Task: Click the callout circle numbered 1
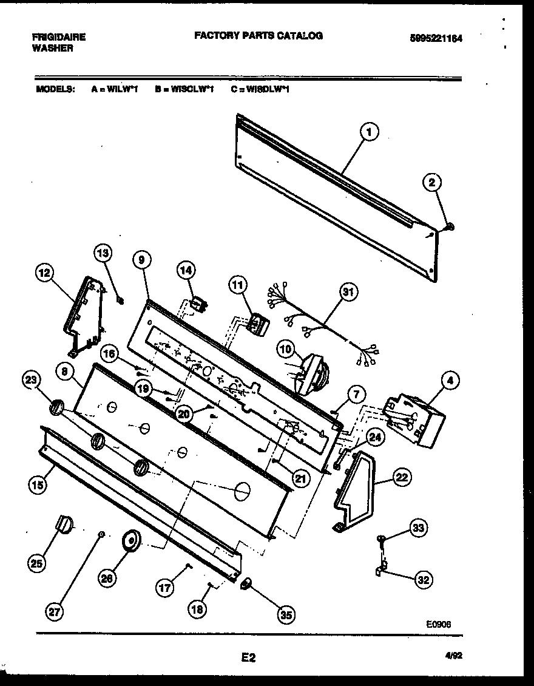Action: pyautogui.click(x=369, y=132)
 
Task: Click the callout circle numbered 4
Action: pyautogui.click(x=450, y=382)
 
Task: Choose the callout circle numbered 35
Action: pyautogui.click(x=285, y=615)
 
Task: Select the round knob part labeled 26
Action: pyautogui.click(x=130, y=540)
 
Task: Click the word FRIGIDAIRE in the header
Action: pyautogui.click(x=58, y=37)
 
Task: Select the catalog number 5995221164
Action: pyautogui.click(x=436, y=38)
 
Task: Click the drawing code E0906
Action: pyautogui.click(x=438, y=623)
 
